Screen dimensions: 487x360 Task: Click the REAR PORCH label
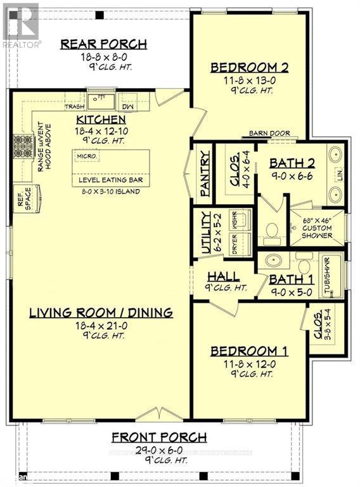pos(103,44)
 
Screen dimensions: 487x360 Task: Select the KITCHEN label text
pos(101,120)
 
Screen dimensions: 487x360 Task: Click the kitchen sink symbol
pos(100,100)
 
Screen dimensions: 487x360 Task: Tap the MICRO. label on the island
pos(87,156)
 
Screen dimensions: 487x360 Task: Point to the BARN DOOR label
pos(269,134)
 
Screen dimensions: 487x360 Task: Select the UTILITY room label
pos(205,233)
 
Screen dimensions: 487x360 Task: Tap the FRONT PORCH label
pos(159,436)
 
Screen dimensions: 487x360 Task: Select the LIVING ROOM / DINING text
pos(101,313)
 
